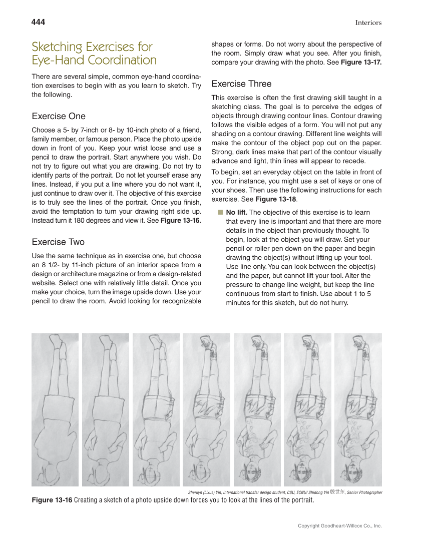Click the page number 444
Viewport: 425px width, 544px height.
click(x=38, y=22)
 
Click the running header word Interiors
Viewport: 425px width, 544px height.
click(x=368, y=23)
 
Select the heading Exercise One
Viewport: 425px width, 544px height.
click(x=59, y=116)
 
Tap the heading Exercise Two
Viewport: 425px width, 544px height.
click(x=58, y=242)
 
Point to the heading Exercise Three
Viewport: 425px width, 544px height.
click(x=241, y=84)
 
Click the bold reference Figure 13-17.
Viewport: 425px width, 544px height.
click(x=361, y=62)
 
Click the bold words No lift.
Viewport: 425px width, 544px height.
click(x=236, y=212)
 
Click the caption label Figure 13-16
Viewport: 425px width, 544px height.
click(x=52, y=500)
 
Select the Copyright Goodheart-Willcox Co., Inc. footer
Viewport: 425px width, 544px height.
click(x=339, y=526)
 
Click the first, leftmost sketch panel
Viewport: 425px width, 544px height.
click(x=55, y=409)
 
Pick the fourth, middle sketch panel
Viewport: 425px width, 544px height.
click(x=206, y=409)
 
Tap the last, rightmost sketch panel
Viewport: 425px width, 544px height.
click(x=358, y=409)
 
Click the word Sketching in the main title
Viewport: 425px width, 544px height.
click(x=56, y=47)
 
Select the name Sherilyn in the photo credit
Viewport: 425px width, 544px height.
click(x=196, y=492)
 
